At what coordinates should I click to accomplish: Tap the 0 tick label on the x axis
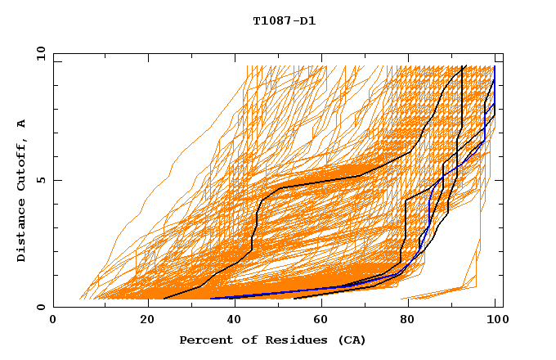[x=53, y=320]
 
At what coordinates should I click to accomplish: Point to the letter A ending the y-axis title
[x=22, y=123]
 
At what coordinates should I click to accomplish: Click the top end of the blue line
[x=495, y=66]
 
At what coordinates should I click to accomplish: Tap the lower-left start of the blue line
[x=210, y=298]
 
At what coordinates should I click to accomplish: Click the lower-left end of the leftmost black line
[x=164, y=299]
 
